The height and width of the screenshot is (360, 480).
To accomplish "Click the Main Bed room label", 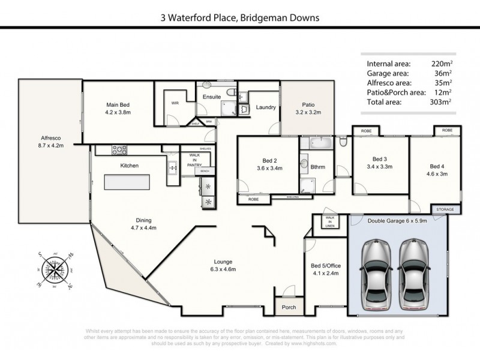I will click(118, 107).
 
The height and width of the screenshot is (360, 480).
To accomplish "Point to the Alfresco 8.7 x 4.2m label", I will click(52, 141).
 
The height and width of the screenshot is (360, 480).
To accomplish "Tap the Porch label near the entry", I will click(289, 307).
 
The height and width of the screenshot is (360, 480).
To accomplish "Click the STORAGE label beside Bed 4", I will click(445, 209).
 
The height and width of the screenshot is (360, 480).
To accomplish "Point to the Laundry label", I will click(265, 107).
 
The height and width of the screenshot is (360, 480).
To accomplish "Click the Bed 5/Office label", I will click(325, 269).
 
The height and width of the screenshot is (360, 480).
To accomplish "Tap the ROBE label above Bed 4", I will click(447, 130).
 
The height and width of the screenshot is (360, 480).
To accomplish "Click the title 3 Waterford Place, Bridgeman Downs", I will click(239, 18).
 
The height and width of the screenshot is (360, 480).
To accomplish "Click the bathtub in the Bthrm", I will click(316, 144).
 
